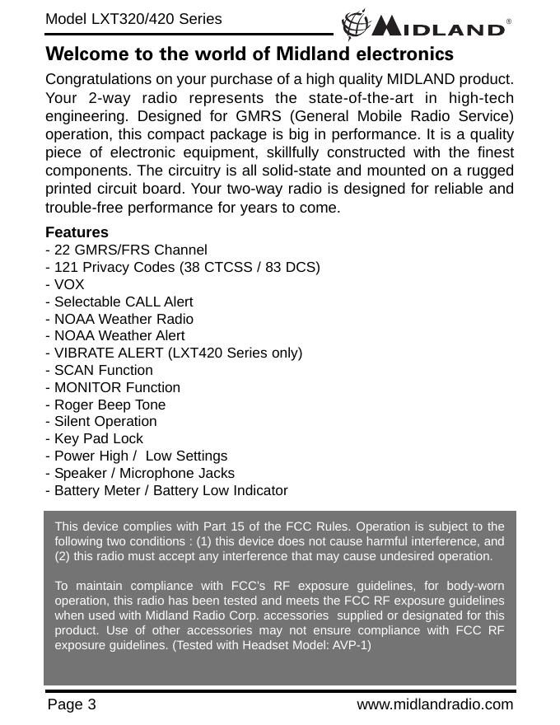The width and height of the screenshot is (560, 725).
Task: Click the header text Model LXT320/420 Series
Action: [x=133, y=18]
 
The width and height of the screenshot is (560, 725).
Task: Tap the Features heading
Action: [x=77, y=233]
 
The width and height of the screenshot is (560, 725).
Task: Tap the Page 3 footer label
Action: [x=72, y=705]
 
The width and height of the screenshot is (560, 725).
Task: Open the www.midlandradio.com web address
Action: [x=435, y=705]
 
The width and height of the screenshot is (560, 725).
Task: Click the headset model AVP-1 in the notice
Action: [x=351, y=644]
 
